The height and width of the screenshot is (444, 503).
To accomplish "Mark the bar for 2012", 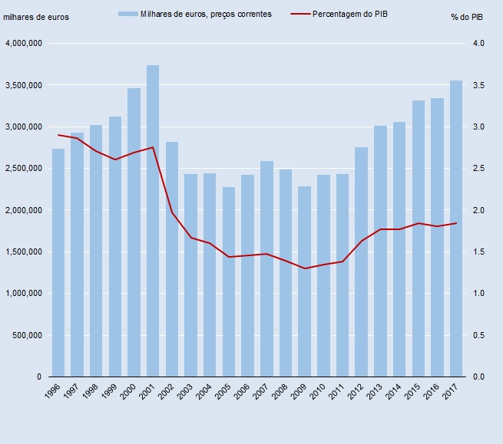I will click(361, 261).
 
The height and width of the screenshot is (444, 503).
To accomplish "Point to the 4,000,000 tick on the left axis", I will click(23, 44).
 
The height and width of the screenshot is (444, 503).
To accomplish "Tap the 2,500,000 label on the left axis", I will click(23, 169).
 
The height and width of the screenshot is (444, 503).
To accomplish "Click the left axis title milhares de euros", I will click(36, 17).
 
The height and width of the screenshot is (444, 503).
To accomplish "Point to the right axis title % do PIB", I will click(468, 17).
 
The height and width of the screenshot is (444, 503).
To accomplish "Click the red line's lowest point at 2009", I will click(304, 268).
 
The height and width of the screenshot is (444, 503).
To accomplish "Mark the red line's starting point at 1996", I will click(58, 135).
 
